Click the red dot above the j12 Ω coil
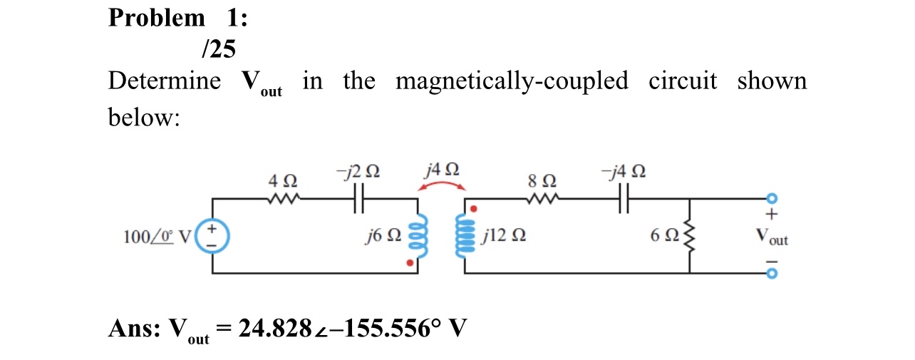[474, 209]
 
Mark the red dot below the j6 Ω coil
[409, 263]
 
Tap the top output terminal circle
[770, 199]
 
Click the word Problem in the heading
[156, 17]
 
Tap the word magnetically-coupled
[512, 81]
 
